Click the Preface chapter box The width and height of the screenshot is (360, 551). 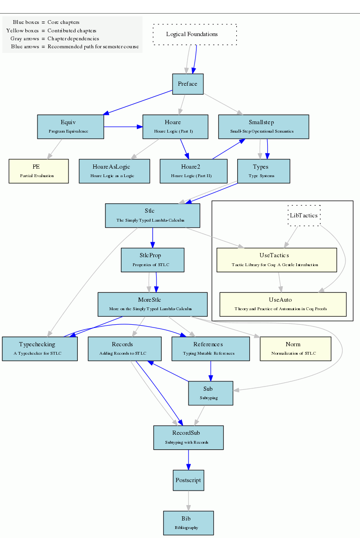coord(187,84)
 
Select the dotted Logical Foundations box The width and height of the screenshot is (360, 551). coord(195,35)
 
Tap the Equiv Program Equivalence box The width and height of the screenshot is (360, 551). coord(70,127)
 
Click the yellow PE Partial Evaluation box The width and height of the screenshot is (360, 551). coord(38,171)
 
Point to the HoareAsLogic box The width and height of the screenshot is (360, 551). coord(114,171)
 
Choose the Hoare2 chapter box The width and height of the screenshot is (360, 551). coord(193,171)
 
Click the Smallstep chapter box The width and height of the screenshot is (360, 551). coord(263,127)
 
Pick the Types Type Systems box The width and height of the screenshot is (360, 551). coord(263,171)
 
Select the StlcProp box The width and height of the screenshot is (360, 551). coord(152,260)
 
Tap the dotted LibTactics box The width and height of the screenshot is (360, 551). coord(304,216)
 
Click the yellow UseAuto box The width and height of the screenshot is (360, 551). coord(283,304)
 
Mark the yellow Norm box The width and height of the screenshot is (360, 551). coord(295,349)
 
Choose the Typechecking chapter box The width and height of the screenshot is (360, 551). coord(39,349)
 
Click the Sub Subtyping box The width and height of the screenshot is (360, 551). coord(210,393)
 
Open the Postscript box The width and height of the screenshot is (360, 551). coord(188,481)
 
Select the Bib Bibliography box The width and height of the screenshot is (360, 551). coord(188,523)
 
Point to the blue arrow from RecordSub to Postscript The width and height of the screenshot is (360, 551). coord(188,459)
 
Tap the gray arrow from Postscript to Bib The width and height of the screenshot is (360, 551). coord(188,501)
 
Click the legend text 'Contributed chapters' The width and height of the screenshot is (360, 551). coord(72,30)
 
